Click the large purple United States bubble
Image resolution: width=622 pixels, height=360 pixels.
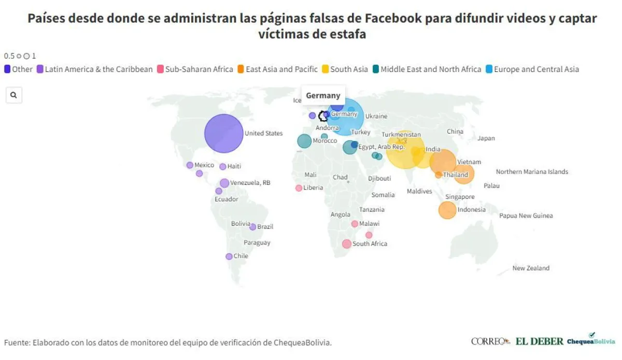223,133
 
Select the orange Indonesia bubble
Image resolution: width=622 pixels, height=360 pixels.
447,210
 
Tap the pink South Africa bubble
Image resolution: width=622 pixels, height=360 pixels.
346,243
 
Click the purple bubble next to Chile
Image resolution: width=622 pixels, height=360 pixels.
229,256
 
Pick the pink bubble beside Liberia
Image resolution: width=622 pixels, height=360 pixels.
299,188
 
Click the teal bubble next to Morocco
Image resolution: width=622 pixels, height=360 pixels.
304,141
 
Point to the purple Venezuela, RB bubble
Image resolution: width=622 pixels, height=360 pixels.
224,183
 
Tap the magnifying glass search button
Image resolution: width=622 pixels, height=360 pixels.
13,95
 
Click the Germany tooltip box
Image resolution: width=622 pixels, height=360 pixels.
323,95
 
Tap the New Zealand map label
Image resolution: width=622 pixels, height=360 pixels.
531,268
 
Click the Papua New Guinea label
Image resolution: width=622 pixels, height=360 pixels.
526,215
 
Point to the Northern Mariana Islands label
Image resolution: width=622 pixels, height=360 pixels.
532,171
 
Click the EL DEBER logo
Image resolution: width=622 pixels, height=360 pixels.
539,341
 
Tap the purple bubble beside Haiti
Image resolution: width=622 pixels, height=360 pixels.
223,167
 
